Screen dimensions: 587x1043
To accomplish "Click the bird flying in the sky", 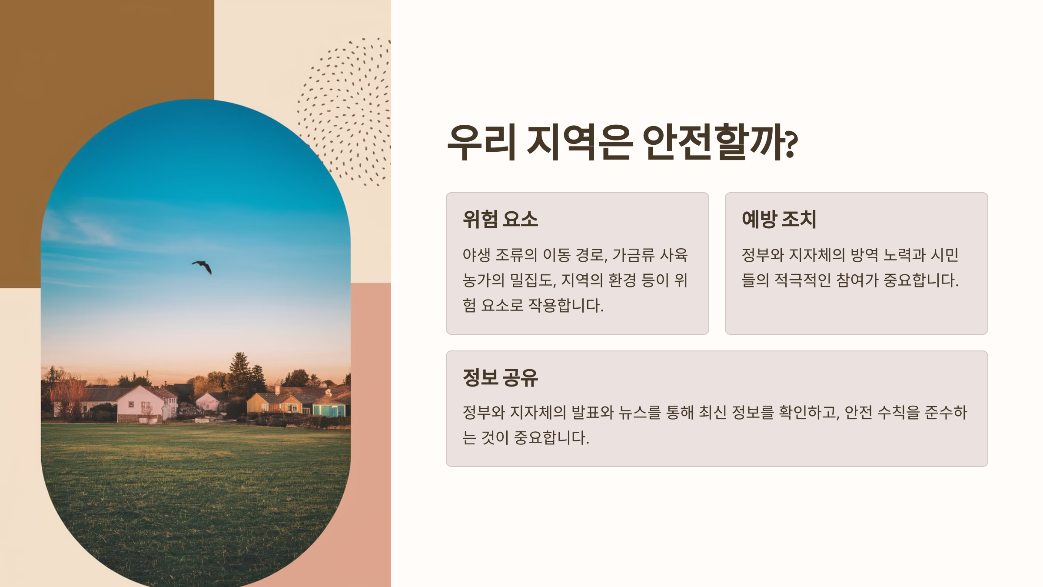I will [x=203, y=266].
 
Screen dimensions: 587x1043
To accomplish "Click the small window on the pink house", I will [x=131, y=404].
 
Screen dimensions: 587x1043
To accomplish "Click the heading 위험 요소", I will [x=500, y=219].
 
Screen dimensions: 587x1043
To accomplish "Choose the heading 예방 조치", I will [x=779, y=219].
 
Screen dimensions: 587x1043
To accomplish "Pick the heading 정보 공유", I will [x=500, y=377].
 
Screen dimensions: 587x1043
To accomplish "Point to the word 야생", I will [x=476, y=255].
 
